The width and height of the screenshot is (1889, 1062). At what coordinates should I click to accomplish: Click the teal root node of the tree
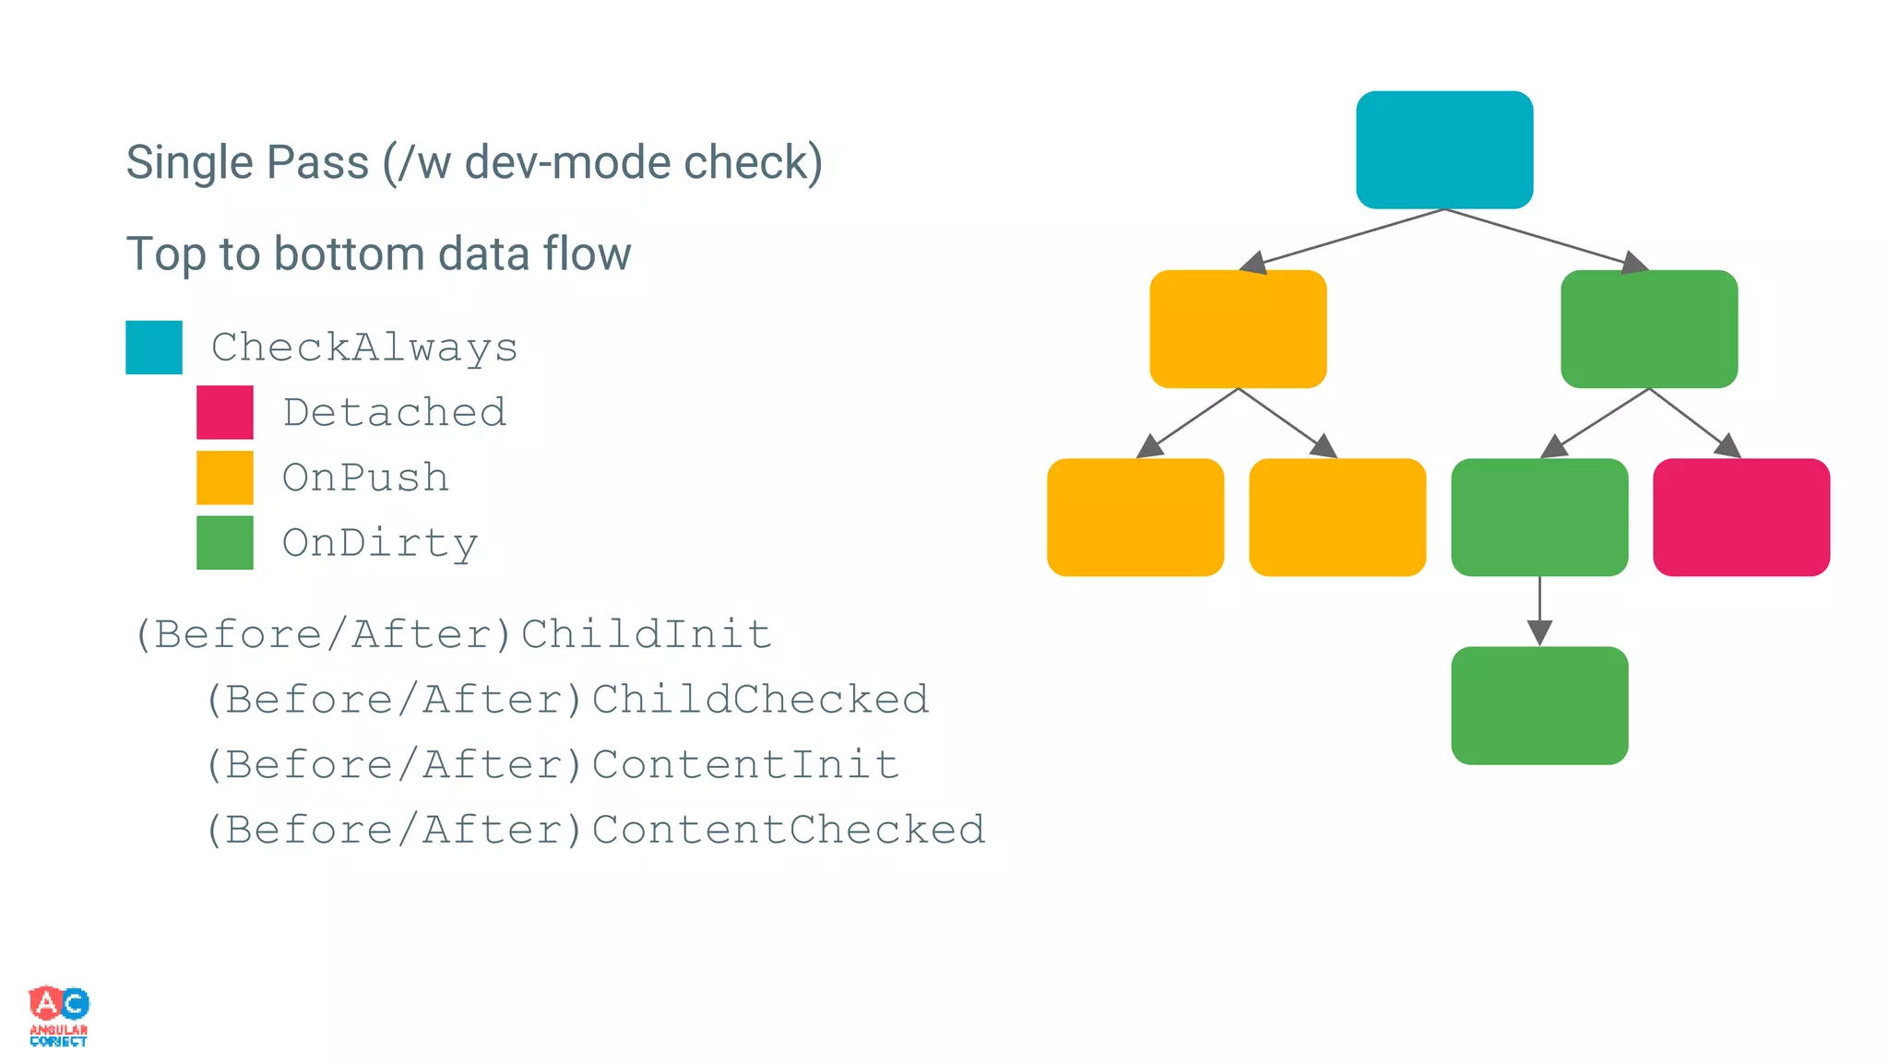1444,149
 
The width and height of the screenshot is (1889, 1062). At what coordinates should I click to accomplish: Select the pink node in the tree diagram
1740,517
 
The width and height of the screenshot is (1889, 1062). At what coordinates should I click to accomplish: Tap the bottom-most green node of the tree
1539,705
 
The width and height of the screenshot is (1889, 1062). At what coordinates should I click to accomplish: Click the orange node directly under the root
1238,329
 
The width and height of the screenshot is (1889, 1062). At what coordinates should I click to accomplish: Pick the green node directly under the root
1648,329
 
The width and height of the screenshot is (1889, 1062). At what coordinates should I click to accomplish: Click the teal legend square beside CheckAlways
154,348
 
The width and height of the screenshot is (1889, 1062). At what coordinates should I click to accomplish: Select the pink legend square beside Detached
225,412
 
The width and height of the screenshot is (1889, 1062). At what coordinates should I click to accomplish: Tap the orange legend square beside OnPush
225,478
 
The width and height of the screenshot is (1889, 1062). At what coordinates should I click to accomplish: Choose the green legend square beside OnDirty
225,542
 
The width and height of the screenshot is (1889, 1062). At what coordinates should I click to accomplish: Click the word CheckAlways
364,348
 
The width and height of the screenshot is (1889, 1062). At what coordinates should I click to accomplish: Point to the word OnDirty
380,543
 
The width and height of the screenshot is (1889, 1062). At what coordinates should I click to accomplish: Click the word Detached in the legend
395,412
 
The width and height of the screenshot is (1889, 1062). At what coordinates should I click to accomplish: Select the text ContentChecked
789,829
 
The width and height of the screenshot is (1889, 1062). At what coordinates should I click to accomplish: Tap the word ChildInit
646,634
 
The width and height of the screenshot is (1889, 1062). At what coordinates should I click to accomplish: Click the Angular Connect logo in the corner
59,1015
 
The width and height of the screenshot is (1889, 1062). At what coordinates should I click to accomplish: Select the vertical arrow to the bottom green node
1539,610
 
